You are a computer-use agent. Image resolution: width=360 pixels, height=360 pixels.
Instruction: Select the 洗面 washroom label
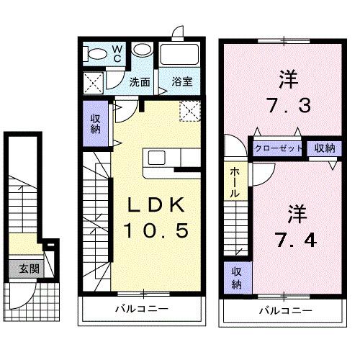coord(140,82)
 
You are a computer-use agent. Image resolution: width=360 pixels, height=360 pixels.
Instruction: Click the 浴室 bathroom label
coord(181,82)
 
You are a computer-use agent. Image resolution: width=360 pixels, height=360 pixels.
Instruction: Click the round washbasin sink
coord(142,52)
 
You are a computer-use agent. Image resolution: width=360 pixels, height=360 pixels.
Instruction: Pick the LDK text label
coord(158,206)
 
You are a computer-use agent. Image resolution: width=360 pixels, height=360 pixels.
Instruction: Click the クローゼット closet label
coord(277,148)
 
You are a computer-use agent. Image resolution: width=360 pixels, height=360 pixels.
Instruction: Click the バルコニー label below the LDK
coord(143,309)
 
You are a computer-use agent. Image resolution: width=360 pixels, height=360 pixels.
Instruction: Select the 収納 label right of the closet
coord(324,148)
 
